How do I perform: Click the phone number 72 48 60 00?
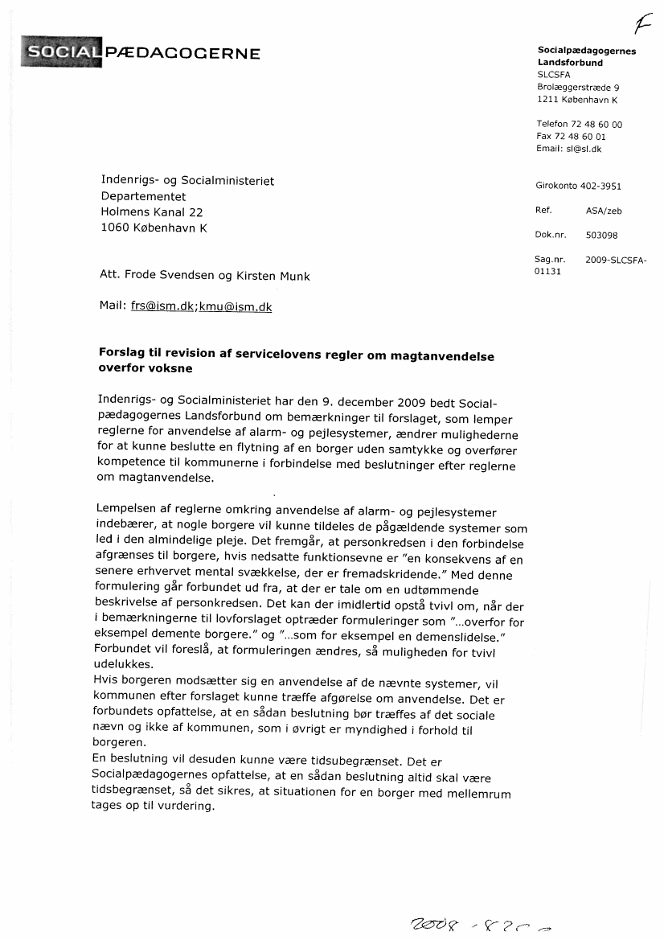pyautogui.click(x=596, y=125)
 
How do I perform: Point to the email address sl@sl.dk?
pyautogui.click(x=585, y=149)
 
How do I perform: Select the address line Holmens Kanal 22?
pyautogui.click(x=152, y=212)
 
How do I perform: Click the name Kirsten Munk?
pyautogui.click(x=273, y=276)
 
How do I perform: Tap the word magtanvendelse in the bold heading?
pyautogui.click(x=440, y=356)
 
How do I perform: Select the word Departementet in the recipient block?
pyautogui.click(x=143, y=196)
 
